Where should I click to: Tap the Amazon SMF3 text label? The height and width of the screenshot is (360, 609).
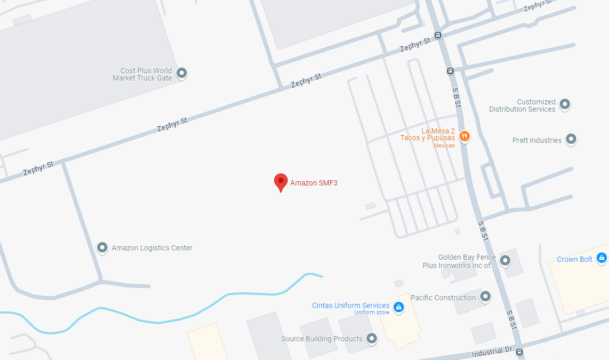(x=314, y=183)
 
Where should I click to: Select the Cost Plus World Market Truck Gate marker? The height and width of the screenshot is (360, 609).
(x=182, y=73)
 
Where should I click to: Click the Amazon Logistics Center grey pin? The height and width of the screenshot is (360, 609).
(x=102, y=248)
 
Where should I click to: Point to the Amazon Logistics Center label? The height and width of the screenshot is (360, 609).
(x=152, y=248)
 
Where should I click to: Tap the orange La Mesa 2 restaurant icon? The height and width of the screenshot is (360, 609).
(x=464, y=137)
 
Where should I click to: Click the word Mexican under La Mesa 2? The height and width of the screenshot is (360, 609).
(x=444, y=145)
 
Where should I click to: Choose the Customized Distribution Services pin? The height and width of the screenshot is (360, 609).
(x=565, y=104)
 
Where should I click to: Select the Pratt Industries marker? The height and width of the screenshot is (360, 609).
(x=571, y=139)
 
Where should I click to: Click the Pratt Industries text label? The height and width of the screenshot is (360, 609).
(x=537, y=140)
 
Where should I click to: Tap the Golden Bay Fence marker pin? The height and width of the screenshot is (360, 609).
(x=505, y=260)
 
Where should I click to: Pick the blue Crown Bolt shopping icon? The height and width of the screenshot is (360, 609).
(x=601, y=258)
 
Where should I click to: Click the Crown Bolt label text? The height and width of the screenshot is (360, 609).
(x=574, y=259)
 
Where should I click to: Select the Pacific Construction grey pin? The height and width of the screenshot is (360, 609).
(x=485, y=297)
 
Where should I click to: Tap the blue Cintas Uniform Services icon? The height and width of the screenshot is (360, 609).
(x=398, y=306)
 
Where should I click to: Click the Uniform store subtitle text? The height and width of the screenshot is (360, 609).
(x=372, y=312)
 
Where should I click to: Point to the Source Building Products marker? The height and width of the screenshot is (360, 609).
(x=371, y=339)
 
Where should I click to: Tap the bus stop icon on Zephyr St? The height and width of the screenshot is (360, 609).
(x=438, y=35)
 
